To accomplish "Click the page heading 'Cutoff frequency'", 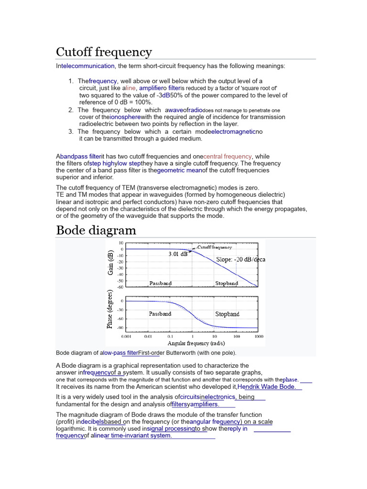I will (104, 52).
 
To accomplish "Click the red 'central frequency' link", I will (227, 156).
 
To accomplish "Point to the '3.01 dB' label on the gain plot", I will (178, 255).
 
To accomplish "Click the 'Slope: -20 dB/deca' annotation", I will (240, 260).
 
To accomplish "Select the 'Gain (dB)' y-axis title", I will (111, 263).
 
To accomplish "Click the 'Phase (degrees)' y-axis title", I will (110, 309).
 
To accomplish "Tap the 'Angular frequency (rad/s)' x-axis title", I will (196, 343).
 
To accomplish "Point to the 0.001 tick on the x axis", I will (126, 336).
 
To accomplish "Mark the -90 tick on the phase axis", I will (119, 328).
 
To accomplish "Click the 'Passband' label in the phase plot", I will (160, 314).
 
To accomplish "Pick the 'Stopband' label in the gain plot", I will (226, 284).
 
